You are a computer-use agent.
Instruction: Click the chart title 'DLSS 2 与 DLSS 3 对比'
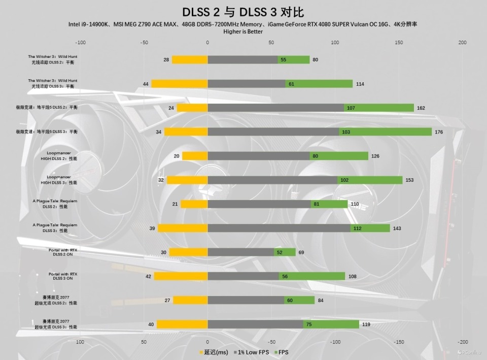click(243, 12)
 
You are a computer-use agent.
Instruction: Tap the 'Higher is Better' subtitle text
click(243, 31)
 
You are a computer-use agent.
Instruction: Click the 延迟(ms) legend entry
click(214, 352)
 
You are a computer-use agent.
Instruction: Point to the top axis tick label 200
click(462, 43)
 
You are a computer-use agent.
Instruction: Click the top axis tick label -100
click(80, 43)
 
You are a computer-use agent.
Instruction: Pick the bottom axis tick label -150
click(399, 342)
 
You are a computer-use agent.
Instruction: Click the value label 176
click(439, 132)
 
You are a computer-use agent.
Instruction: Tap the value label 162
click(421, 108)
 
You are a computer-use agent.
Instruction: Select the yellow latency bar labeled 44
click(180, 84)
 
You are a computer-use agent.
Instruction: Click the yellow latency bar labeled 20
click(195, 156)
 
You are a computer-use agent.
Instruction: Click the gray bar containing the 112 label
click(279, 228)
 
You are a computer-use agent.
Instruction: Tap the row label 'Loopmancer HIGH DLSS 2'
click(59, 156)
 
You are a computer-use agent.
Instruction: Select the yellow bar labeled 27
click(190, 300)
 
